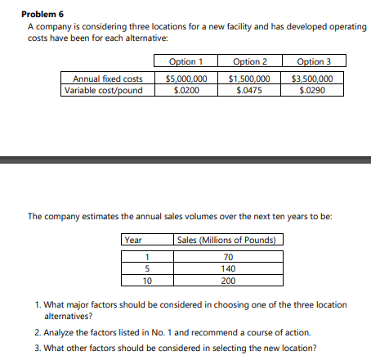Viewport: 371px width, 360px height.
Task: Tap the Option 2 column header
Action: click(x=250, y=61)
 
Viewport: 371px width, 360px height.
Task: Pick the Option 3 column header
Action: click(x=315, y=61)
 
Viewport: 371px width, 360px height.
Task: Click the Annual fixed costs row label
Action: click(x=108, y=79)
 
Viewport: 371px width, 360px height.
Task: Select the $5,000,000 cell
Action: click(x=186, y=79)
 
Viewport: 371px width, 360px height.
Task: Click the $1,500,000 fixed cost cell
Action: click(x=250, y=79)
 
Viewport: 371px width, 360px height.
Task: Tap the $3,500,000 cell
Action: click(x=315, y=79)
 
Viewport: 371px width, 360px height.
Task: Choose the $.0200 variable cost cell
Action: click(x=186, y=89)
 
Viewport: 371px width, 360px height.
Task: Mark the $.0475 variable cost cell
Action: click(x=250, y=89)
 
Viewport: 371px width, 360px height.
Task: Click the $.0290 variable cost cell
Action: click(x=315, y=89)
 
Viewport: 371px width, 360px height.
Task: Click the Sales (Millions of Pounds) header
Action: click(x=229, y=240)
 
